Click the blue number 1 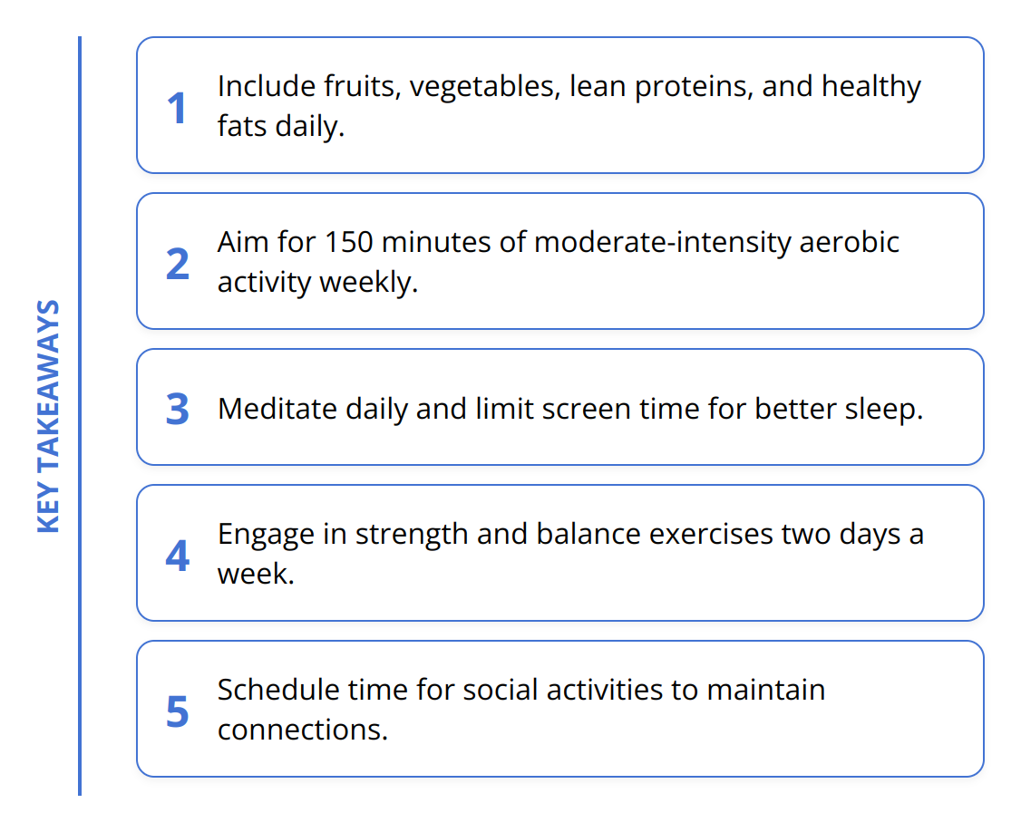click(x=177, y=109)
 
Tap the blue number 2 click(x=177, y=264)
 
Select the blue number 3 click(x=177, y=409)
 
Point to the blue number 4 click(x=177, y=556)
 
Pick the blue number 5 click(x=177, y=711)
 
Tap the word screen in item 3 click(x=579, y=409)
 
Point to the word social click(x=501, y=690)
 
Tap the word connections click(x=303, y=730)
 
